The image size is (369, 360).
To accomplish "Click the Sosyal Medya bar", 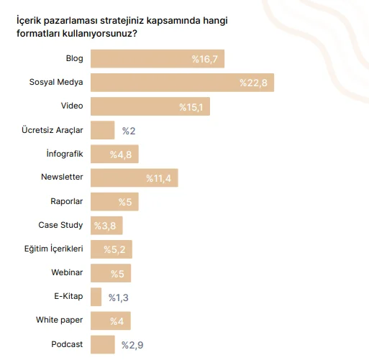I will (182, 83).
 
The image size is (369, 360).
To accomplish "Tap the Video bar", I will (150, 106).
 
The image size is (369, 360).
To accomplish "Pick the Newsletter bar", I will (135, 177).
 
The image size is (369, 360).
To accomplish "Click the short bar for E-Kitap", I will (96, 297).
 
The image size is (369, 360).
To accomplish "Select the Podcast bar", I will (103, 345).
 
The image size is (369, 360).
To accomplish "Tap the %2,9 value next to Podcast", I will (134, 346).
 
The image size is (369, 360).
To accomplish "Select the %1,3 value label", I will (119, 297).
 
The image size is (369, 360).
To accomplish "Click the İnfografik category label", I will (64, 154).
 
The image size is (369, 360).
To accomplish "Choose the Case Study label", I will (60, 225).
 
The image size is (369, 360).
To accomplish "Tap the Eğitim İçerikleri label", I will (53, 249).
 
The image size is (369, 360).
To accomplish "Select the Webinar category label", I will (67, 273).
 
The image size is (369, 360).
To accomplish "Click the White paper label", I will (60, 320).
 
